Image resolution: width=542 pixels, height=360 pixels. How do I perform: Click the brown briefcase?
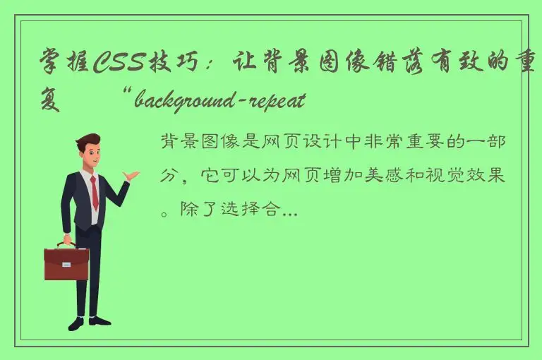tap(66, 263)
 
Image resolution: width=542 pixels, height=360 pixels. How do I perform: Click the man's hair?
tap(88, 140)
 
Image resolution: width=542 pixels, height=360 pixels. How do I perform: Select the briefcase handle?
tap(66, 244)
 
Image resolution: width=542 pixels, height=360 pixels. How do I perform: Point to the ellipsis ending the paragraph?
tap(290, 210)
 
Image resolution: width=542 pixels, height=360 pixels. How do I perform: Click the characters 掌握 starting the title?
tap(64, 66)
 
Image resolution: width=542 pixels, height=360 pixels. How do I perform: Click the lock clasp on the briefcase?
tap(66, 265)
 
